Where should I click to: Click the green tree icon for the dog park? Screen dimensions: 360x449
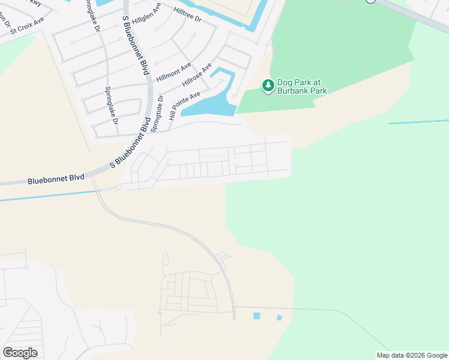268,86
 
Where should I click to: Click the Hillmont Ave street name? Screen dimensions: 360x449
173,72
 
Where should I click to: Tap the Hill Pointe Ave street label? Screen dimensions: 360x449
184,106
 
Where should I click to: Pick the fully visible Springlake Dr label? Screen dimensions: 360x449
112,106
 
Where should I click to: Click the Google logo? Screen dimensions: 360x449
20,353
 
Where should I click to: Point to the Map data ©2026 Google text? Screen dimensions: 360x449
411,355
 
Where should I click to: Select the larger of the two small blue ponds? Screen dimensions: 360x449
258,316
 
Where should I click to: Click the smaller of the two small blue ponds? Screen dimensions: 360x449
279,317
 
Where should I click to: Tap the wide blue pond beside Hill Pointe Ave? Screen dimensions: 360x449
208,107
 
